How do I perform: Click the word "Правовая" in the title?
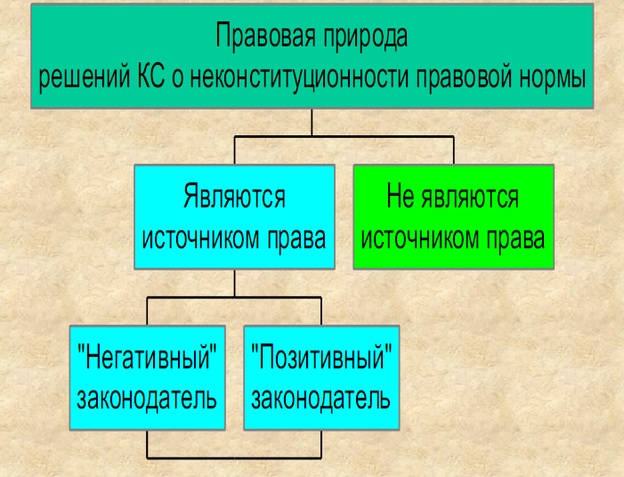coord(266,36)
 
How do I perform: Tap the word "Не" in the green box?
coord(400,197)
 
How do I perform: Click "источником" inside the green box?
coord(419,238)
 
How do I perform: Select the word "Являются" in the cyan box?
coord(234,196)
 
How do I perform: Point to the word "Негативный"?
coord(148,357)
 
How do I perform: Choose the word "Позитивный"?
coord(321,356)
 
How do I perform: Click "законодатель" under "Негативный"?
coord(147,399)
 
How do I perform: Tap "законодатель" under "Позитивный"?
coord(320,399)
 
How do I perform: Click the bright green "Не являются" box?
coord(454,217)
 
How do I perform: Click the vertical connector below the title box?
coord(312,123)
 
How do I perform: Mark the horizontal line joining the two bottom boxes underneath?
coord(234,458)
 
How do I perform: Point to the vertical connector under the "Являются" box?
coord(234,283)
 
